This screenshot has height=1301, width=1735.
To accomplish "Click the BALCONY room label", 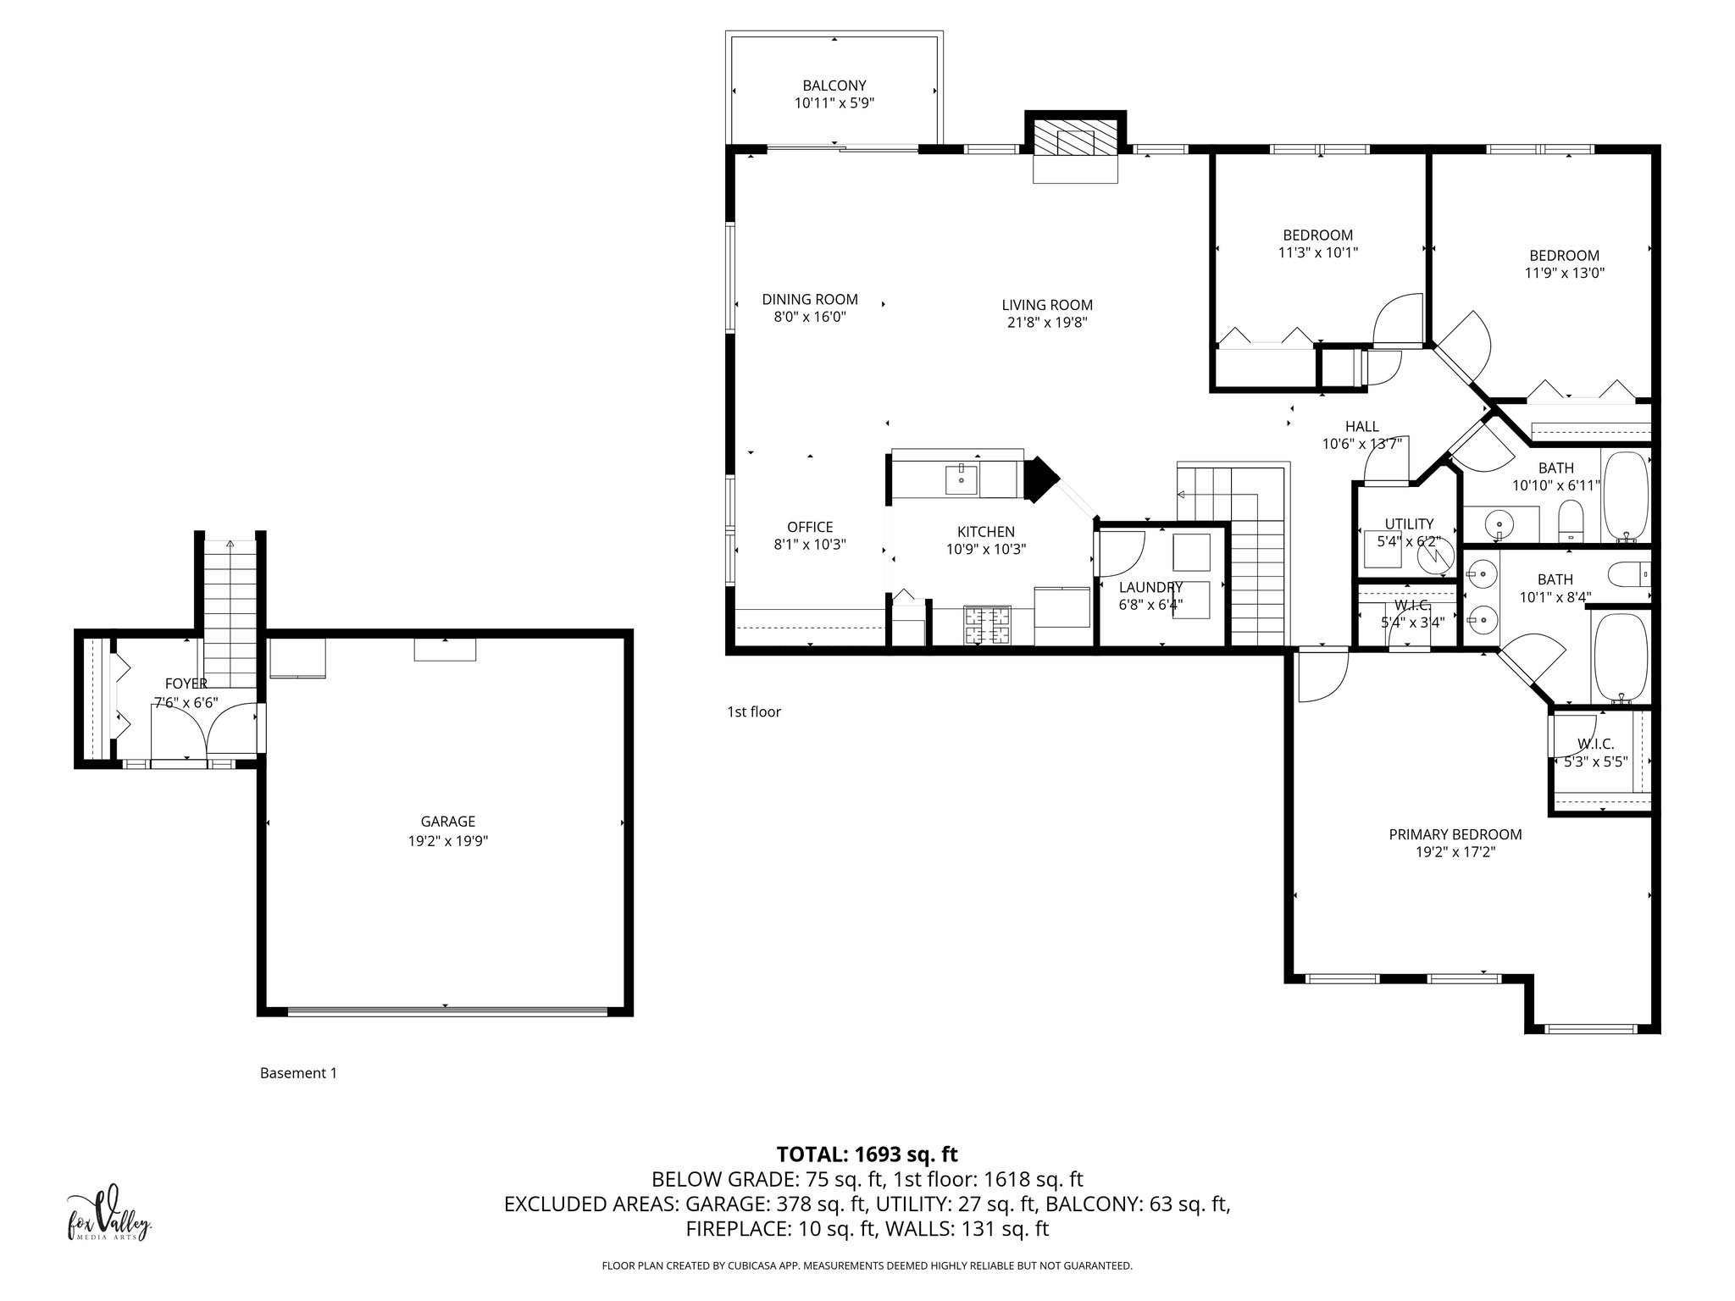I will coord(834,86).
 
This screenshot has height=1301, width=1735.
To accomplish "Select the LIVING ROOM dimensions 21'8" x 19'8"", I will coord(1047,323).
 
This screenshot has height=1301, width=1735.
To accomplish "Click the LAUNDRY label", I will coord(1150,587).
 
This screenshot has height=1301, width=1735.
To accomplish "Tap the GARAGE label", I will coord(448,821).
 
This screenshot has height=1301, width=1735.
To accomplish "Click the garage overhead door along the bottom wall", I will coord(447,1010).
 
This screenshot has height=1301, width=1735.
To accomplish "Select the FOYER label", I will coord(186,684).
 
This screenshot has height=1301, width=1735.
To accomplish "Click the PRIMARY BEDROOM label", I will coord(1455,834).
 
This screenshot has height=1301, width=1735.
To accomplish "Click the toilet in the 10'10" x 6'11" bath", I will coord(1571,520).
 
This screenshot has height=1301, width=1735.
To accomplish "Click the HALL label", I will coord(1361,427).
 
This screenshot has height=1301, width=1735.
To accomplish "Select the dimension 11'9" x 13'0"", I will coord(1564,274).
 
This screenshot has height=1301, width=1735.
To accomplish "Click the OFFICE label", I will coord(810,527).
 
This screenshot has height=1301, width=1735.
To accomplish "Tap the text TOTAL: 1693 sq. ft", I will coord(867,1154).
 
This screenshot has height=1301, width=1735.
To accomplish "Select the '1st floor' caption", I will coord(753,711).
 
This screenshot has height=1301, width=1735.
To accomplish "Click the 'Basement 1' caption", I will coord(298,1073).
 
